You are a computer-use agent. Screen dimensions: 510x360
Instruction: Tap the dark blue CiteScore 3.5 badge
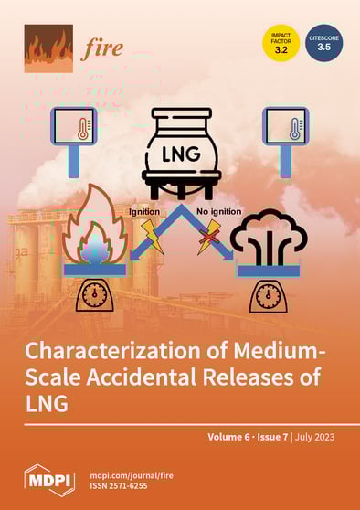click(323, 43)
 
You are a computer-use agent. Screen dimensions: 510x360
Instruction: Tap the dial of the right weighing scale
click(266, 295)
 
